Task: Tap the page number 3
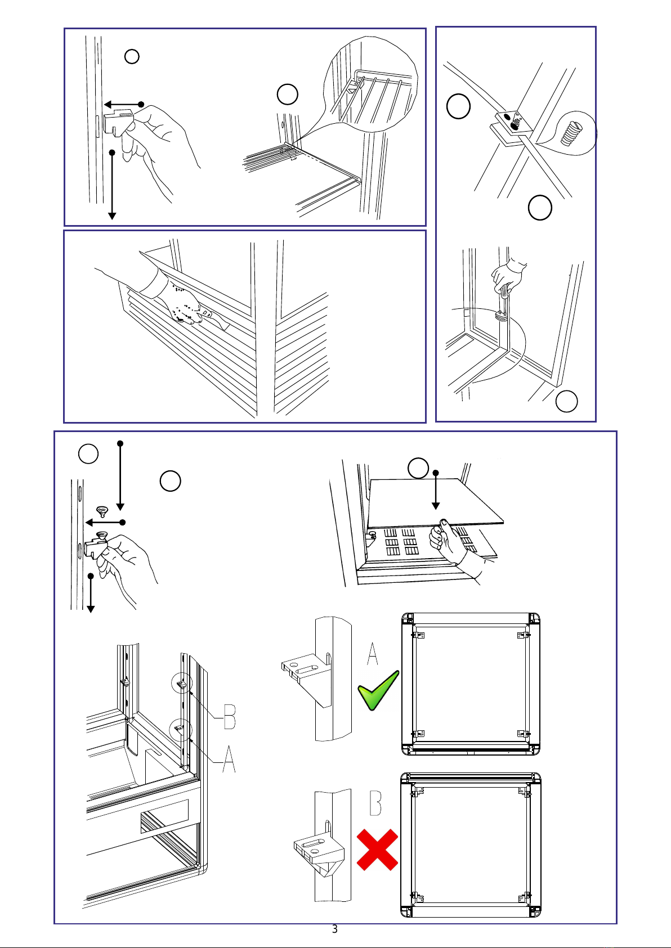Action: tap(335, 929)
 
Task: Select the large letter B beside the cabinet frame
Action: tap(230, 717)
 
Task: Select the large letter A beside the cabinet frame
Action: tap(229, 759)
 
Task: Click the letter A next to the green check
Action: tap(373, 653)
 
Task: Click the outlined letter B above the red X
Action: tap(375, 803)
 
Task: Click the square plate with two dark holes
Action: tap(513, 122)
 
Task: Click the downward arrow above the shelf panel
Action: tap(436, 491)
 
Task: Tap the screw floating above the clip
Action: tap(101, 511)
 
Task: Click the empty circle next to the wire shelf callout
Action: tap(288, 95)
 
